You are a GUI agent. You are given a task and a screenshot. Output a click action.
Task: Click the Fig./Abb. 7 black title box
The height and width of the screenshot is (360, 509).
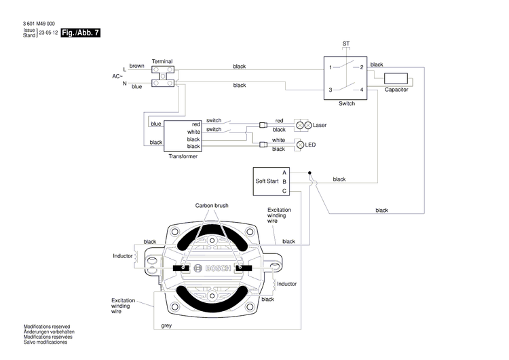click(79, 33)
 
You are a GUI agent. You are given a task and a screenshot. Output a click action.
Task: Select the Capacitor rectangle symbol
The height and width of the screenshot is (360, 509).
click(396, 78)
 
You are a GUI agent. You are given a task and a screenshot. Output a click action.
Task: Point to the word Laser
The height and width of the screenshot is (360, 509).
click(320, 126)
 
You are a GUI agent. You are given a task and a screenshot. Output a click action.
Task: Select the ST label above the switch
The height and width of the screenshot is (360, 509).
click(346, 43)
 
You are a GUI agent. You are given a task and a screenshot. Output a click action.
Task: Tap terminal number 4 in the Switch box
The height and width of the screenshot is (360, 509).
click(362, 90)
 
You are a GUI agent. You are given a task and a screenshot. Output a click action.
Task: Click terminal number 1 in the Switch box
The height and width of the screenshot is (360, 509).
click(331, 67)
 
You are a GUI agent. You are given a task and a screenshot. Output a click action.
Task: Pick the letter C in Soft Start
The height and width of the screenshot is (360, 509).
click(284, 191)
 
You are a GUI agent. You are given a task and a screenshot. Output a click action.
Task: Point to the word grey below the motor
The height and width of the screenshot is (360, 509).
click(166, 325)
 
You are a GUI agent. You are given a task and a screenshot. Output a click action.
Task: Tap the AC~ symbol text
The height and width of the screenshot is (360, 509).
click(117, 76)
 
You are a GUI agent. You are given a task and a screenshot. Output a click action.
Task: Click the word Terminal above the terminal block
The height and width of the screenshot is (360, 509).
click(162, 60)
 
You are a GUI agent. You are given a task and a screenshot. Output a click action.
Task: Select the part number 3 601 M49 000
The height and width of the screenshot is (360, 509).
click(39, 24)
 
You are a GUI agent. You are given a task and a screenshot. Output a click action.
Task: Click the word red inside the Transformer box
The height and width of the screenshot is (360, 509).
click(195, 124)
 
